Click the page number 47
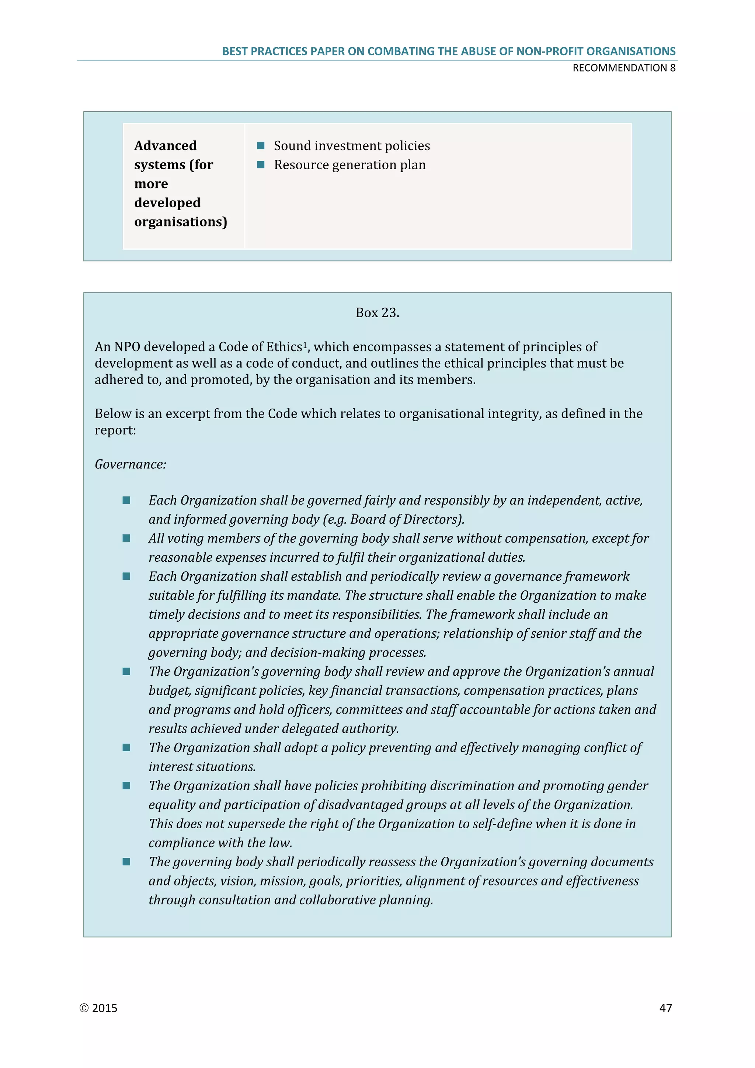pyautogui.click(x=665, y=1008)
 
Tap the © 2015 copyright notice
pyautogui.click(x=98, y=1008)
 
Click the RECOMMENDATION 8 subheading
pyautogui.click(x=623, y=68)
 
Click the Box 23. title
pyautogui.click(x=377, y=313)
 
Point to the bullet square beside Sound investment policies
pyautogui.click(x=261, y=146)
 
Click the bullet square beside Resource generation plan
pyautogui.click(x=261, y=165)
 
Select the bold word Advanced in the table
pyautogui.click(x=165, y=146)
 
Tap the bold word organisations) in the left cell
pyautogui.click(x=180, y=222)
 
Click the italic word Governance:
pyautogui.click(x=130, y=464)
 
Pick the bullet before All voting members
pyautogui.click(x=126, y=538)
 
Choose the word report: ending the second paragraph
pyautogui.click(x=115, y=430)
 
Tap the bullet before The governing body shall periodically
pyautogui.click(x=126, y=862)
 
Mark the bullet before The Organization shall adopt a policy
pyautogui.click(x=126, y=748)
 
